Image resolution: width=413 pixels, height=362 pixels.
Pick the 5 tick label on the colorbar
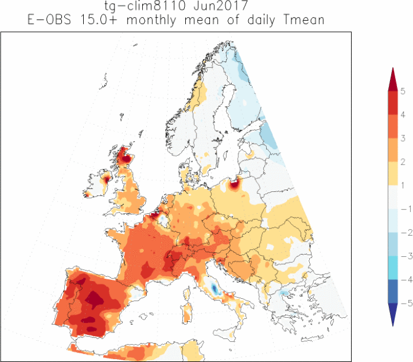(402, 91)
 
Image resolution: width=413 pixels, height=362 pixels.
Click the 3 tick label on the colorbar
(402, 138)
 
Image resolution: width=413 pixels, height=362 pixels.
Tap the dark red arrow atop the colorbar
(392, 80)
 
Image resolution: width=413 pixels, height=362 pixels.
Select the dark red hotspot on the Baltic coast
(235, 184)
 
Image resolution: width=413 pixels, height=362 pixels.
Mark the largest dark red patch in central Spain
(94, 299)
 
